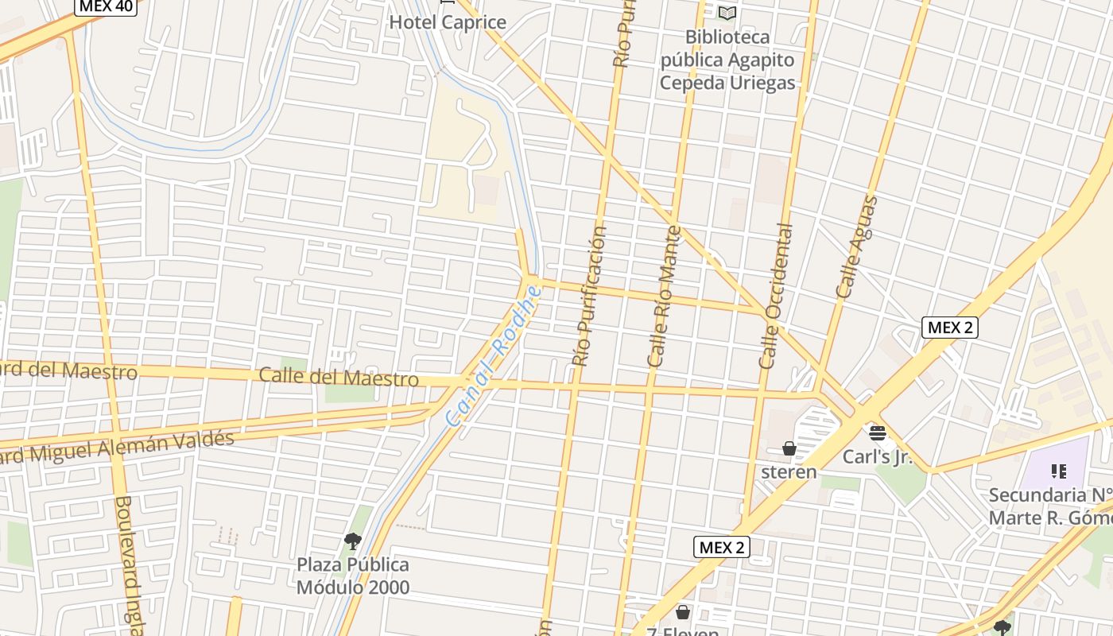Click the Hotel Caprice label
click(448, 22)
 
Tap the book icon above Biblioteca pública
click(727, 13)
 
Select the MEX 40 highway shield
click(107, 6)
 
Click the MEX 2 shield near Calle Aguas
click(949, 327)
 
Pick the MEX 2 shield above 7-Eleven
click(722, 547)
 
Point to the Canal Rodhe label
click(494, 355)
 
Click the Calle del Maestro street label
click(339, 377)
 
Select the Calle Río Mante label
click(665, 297)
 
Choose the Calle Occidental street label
click(776, 297)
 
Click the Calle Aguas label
click(857, 247)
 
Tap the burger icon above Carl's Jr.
click(877, 433)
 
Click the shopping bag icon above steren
click(789, 449)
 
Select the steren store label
click(789, 472)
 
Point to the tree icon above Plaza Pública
click(353, 541)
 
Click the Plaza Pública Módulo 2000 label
click(353, 576)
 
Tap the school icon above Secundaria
click(1058, 471)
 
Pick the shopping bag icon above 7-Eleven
click(683, 612)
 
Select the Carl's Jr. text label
click(878, 457)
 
